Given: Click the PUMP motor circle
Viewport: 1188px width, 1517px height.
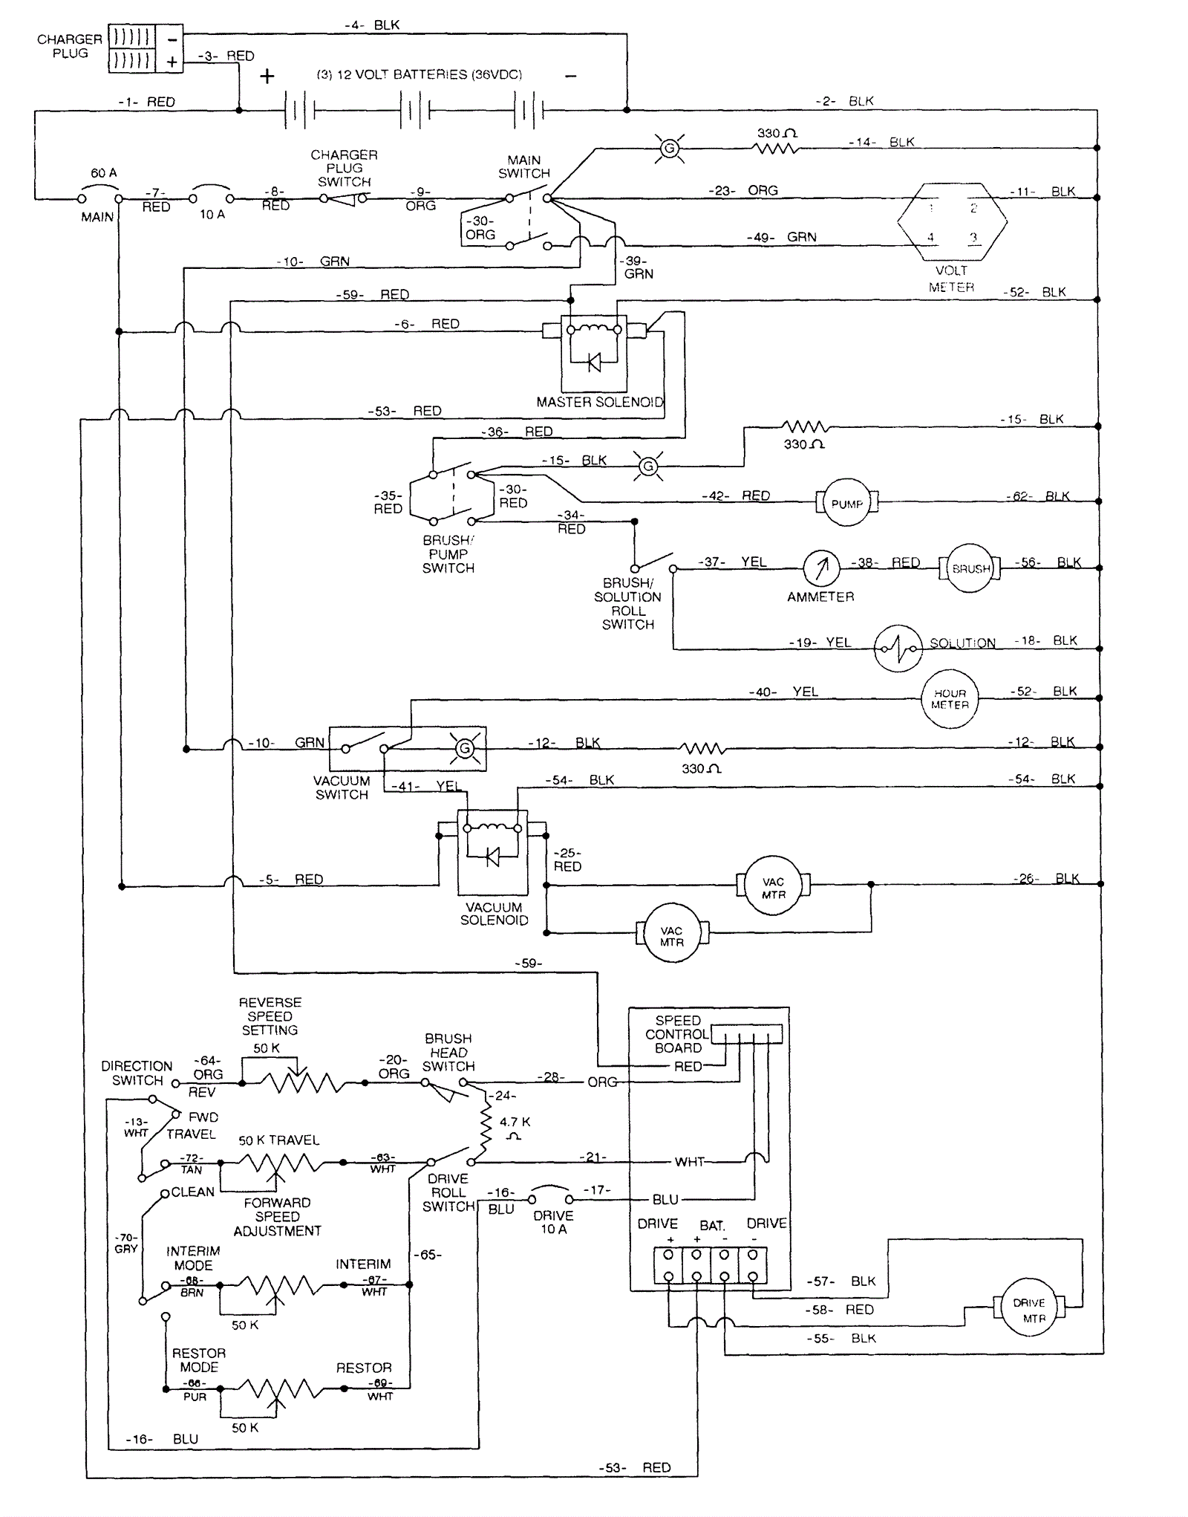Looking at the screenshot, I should pyautogui.click(x=846, y=503).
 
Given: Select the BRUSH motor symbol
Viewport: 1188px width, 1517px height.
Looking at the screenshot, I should pyautogui.click(x=970, y=568).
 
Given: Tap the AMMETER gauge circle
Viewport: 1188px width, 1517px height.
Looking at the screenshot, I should pyautogui.click(x=821, y=568).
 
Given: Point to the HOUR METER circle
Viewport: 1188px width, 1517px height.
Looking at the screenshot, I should pyautogui.click(x=950, y=699).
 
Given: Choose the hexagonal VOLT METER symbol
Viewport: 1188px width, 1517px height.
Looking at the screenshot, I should pyautogui.click(x=952, y=221).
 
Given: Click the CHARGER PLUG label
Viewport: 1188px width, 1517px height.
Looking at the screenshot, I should pyautogui.click(x=70, y=46).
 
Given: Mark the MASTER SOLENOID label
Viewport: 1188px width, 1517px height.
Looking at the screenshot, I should pyautogui.click(x=600, y=402).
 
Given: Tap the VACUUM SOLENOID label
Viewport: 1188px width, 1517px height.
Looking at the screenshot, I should pyautogui.click(x=494, y=914).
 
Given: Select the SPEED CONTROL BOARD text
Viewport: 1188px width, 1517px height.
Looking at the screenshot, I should pyautogui.click(x=677, y=1034).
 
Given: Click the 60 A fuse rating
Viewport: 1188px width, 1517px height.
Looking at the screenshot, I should pyautogui.click(x=103, y=173).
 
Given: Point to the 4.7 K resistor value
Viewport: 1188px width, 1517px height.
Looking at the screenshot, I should pyautogui.click(x=515, y=1123).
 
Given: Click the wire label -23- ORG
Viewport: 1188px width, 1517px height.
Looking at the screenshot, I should pyautogui.click(x=742, y=191).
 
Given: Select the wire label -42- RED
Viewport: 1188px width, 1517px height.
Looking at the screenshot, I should pyautogui.click(x=736, y=496).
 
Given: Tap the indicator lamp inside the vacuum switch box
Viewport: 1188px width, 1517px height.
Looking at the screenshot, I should pyautogui.click(x=465, y=748).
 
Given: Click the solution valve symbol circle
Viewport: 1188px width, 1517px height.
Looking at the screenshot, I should pyautogui.click(x=898, y=648).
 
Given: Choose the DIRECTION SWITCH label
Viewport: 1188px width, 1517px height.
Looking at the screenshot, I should pyautogui.click(x=137, y=1073).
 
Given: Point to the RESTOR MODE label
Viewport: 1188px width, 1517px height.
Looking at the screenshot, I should pyautogui.click(x=199, y=1360).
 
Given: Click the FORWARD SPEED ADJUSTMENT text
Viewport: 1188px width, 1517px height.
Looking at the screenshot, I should pyautogui.click(x=277, y=1217).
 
